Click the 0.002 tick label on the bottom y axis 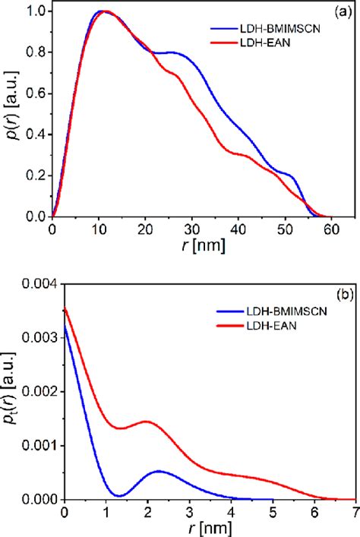pyautogui.click(x=31, y=391)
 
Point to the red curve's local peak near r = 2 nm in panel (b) pyautogui.click(x=147, y=422)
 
